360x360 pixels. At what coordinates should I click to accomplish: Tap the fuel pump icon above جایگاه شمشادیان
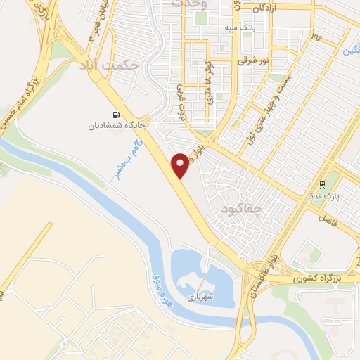[115, 115]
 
